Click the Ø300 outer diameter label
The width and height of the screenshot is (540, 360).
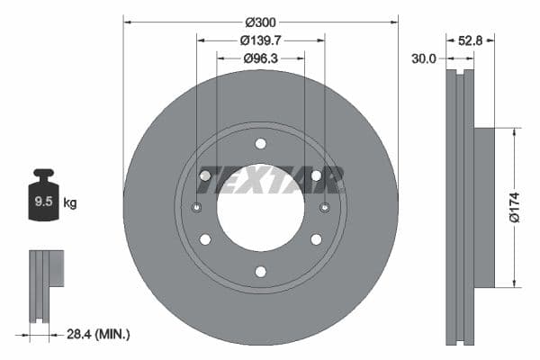click(x=260, y=21)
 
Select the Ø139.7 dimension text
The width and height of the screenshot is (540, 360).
click(x=260, y=40)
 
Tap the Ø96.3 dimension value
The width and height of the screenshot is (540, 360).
click(x=260, y=58)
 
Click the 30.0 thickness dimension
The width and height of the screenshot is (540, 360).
click(x=424, y=58)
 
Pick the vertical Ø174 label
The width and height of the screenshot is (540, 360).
click(x=515, y=207)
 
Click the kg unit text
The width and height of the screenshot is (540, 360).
click(x=70, y=203)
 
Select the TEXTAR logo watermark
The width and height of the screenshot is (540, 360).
click(x=270, y=180)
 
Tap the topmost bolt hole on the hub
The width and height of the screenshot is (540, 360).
click(x=260, y=144)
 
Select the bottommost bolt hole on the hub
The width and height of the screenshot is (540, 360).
click(x=260, y=272)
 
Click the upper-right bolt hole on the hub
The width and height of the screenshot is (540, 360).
click(x=316, y=175)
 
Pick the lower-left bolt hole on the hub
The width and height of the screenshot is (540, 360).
click(x=205, y=239)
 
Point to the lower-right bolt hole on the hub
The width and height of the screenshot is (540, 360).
click(x=316, y=239)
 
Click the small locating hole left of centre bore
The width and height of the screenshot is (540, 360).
click(x=197, y=208)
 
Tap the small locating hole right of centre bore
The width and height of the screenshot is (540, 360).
click(x=324, y=208)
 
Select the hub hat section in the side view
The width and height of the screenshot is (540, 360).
click(x=484, y=208)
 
